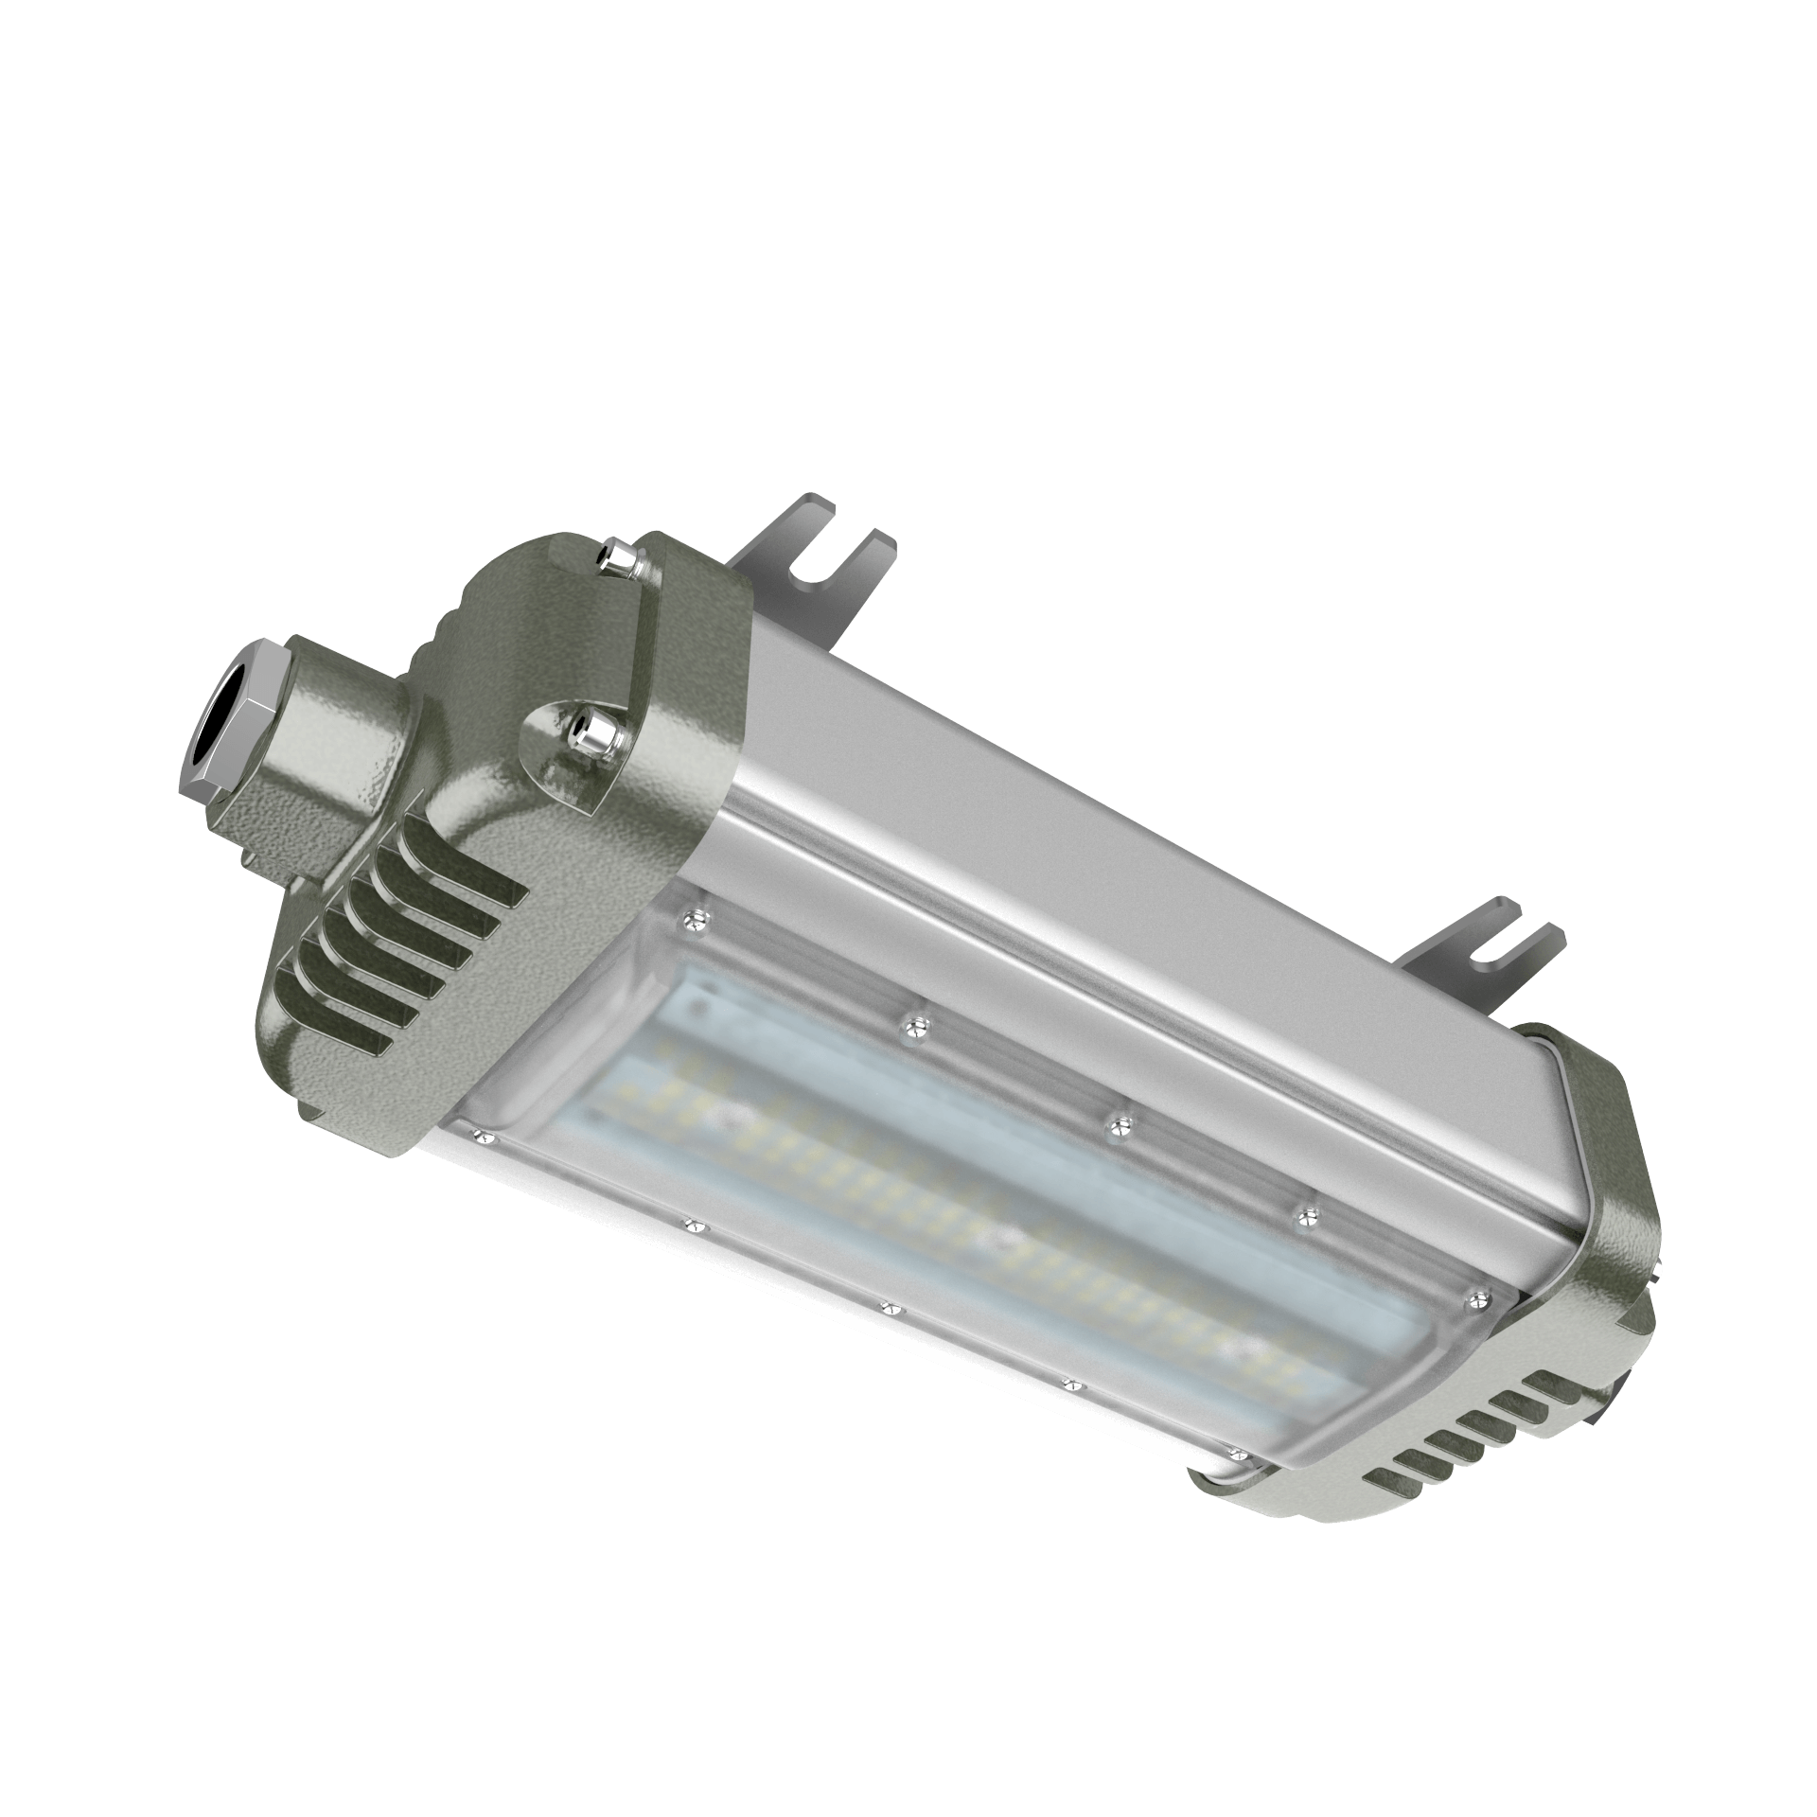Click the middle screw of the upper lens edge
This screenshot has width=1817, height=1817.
[1120, 1123]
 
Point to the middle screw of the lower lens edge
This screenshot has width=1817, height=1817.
[888, 1308]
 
